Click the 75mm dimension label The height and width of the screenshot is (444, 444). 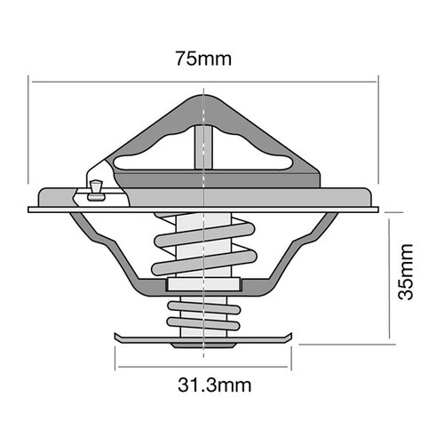tap(205, 60)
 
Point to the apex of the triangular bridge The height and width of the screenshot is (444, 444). tap(205, 96)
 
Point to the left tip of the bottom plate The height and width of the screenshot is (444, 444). tap(116, 338)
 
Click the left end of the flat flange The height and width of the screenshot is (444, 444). tap(32, 210)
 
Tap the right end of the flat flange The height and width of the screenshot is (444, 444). tap(377, 210)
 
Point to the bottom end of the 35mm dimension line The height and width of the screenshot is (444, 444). tap(392, 341)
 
